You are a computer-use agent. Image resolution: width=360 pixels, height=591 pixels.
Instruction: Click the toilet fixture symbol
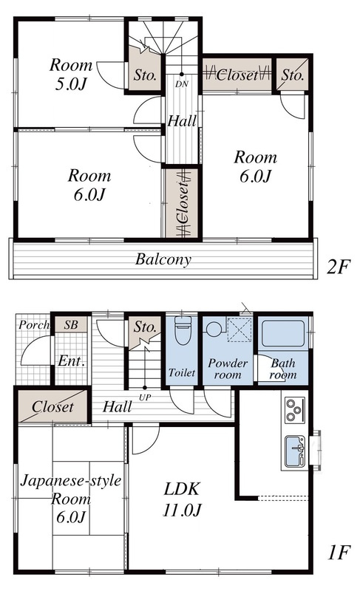click(x=183, y=330)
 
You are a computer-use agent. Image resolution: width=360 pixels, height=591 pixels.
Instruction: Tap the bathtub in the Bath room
click(x=283, y=333)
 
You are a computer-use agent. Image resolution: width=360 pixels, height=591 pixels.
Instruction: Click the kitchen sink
click(x=295, y=451)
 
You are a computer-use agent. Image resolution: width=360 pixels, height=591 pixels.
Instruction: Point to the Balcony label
click(x=163, y=259)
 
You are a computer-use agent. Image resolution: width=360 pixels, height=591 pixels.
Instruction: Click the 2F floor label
click(x=339, y=267)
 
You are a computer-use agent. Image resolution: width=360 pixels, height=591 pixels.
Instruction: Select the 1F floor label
click(x=339, y=553)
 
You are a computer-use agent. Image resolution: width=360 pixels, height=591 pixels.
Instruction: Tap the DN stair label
click(x=181, y=84)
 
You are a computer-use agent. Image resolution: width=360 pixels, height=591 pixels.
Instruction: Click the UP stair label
click(x=145, y=397)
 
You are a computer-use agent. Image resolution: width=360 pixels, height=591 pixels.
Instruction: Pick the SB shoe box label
click(x=70, y=324)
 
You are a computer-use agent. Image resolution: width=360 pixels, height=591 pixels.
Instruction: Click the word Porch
click(x=34, y=324)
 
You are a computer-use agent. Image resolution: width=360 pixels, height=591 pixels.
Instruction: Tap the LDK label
click(x=181, y=489)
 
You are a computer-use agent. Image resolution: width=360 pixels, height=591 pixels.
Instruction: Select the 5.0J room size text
click(x=71, y=83)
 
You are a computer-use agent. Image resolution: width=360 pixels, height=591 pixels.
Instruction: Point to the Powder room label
click(x=228, y=369)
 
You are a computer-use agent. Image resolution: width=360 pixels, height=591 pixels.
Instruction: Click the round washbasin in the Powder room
click(x=214, y=328)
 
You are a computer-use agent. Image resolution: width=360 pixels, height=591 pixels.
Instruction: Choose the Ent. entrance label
click(x=71, y=361)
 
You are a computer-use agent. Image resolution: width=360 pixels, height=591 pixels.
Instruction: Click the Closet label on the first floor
click(x=52, y=407)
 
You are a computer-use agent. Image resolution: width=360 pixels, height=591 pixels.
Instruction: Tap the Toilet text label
click(x=182, y=373)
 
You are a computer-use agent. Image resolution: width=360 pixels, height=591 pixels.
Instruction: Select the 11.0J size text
click(x=182, y=510)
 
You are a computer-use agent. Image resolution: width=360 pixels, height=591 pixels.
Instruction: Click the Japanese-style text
click(x=71, y=481)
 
